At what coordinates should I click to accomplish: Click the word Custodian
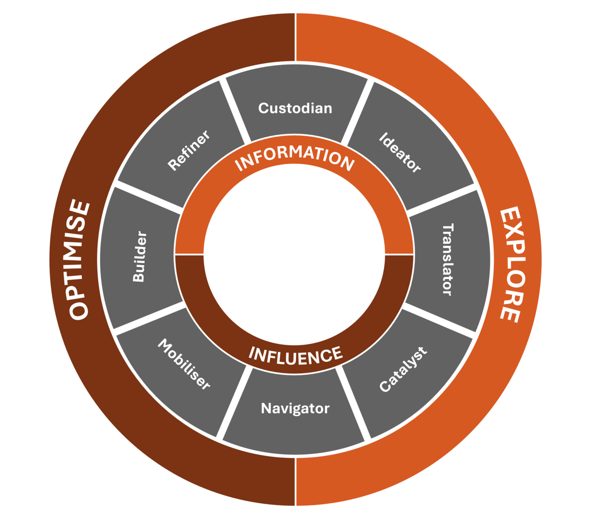(x=295, y=108)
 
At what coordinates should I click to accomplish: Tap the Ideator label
(x=400, y=152)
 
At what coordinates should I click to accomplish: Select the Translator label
(x=447, y=259)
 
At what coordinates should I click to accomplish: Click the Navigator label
(x=295, y=408)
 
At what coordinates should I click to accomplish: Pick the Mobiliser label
(x=184, y=364)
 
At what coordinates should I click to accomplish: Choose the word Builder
(x=139, y=256)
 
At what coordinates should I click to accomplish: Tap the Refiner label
(x=189, y=150)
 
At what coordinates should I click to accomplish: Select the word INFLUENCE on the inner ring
(x=296, y=355)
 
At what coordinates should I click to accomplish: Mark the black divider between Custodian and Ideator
(x=357, y=109)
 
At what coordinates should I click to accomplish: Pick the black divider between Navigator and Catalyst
(x=354, y=403)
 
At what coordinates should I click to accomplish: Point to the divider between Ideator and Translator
(x=442, y=199)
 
